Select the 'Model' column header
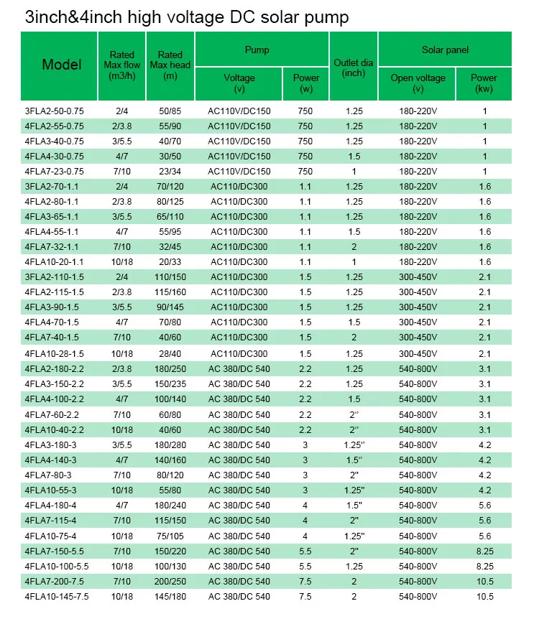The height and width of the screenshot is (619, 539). point(62,65)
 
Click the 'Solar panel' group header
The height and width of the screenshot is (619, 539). point(445,50)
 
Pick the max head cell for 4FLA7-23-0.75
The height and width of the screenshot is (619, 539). point(170,172)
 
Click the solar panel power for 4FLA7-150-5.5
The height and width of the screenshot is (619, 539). point(484,550)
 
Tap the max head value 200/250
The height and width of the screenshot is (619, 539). point(170,580)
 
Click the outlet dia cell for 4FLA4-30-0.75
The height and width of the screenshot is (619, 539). point(354,157)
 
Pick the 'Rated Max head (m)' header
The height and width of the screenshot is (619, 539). point(170,65)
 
